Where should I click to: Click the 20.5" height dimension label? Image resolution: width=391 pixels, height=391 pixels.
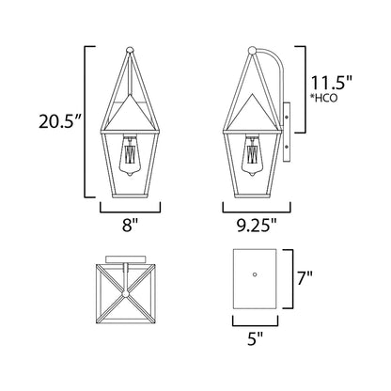(x=59, y=121)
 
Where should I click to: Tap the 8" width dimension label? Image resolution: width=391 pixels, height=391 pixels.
(x=130, y=225)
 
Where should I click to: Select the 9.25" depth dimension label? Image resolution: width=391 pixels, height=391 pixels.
(x=257, y=226)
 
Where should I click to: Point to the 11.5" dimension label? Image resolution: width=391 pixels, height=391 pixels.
(x=332, y=83)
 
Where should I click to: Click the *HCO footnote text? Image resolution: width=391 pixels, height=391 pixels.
(x=324, y=98)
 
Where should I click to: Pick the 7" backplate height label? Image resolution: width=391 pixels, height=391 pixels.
(x=305, y=278)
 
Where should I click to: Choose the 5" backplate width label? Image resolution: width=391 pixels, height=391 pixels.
(x=255, y=338)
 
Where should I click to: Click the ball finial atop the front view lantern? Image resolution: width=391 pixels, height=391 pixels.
(x=130, y=50)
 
